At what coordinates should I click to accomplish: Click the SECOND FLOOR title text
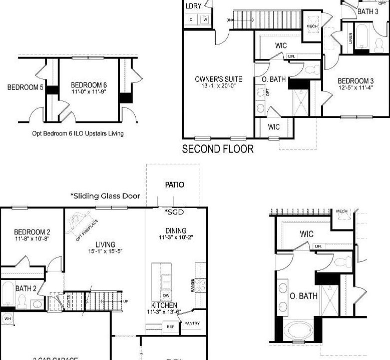pyautogui.click(x=217, y=148)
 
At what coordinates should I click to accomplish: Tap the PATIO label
pyautogui.click(x=175, y=184)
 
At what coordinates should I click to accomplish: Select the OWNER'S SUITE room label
pyautogui.click(x=218, y=79)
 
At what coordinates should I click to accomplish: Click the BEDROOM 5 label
pyautogui.click(x=25, y=87)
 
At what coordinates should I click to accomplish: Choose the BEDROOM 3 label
pyautogui.click(x=355, y=81)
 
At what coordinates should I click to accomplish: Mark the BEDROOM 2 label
pyautogui.click(x=32, y=232)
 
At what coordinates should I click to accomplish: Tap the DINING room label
pyautogui.click(x=176, y=230)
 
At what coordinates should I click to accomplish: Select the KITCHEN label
pyautogui.click(x=164, y=305)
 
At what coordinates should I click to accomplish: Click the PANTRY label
pyautogui.click(x=192, y=323)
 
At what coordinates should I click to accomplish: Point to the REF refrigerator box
pyautogui.click(x=170, y=327)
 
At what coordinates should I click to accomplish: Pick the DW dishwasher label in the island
pyautogui.click(x=166, y=295)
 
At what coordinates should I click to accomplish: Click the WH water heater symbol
pyautogui.click(x=7, y=318)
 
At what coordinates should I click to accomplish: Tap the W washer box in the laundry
pyautogui.click(x=205, y=19)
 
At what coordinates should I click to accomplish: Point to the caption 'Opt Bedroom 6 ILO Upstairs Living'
pyautogui.click(x=77, y=133)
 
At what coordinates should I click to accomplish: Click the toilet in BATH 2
pyautogui.click(x=22, y=301)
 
